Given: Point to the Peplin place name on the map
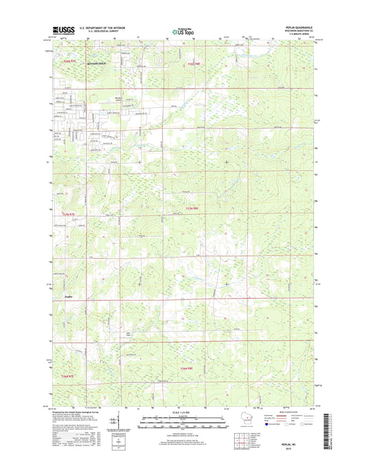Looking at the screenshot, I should (x=68, y=296).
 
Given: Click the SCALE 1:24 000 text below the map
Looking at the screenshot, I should (x=181, y=412).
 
